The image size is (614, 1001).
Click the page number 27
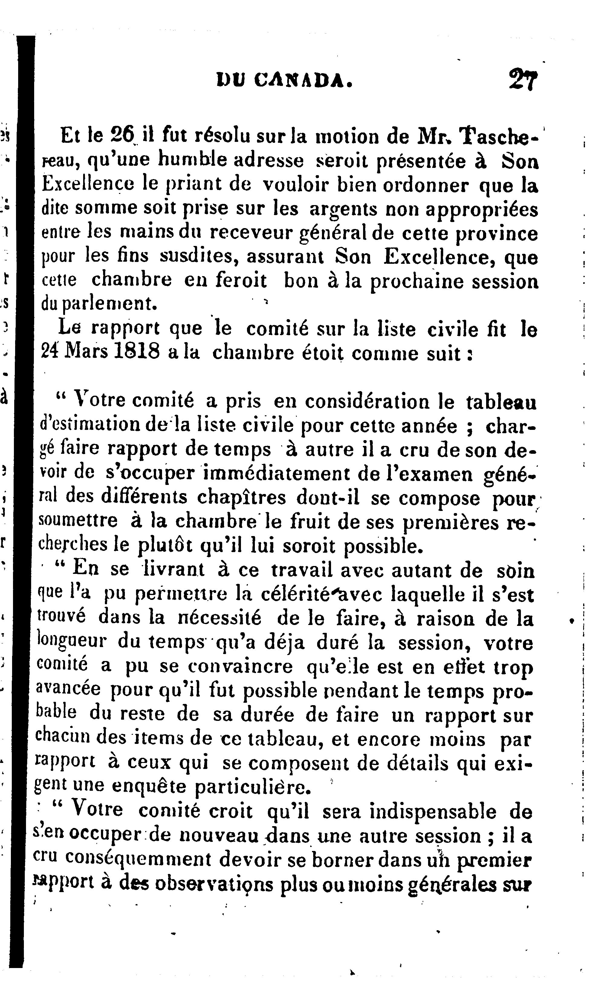(523, 80)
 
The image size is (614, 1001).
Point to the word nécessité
(220, 618)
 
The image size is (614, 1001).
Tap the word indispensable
(433, 811)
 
